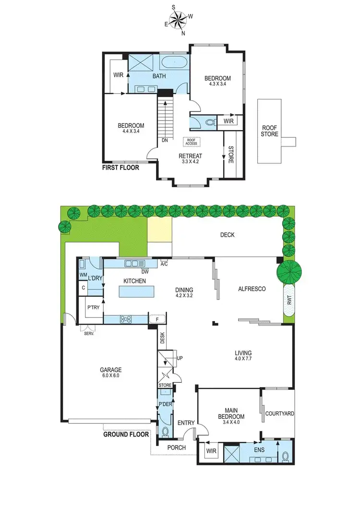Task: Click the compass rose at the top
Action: tap(179, 21)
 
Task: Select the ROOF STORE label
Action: tap(269, 131)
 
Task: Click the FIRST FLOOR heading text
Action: tap(120, 168)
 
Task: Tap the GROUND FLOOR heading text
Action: tap(126, 435)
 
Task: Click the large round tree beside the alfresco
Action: tap(289, 272)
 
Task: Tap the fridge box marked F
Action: tap(157, 319)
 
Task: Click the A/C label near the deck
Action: tap(164, 264)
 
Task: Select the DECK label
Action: tap(227, 235)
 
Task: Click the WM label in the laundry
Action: tap(83, 275)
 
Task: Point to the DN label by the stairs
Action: tap(165, 141)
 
